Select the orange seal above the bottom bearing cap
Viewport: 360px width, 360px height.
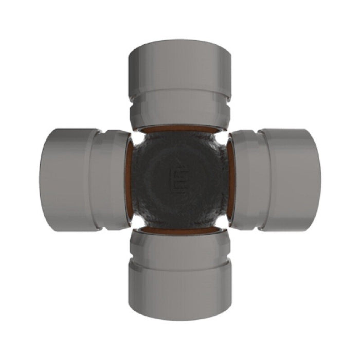point(179,230)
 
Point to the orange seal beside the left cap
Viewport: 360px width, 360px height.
point(130,180)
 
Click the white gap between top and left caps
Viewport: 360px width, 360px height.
point(136,137)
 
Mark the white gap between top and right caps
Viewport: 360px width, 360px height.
point(222,137)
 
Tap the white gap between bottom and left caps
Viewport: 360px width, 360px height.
point(136,223)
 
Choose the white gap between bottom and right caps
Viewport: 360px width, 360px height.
point(222,223)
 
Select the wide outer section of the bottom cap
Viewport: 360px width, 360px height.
point(179,296)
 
